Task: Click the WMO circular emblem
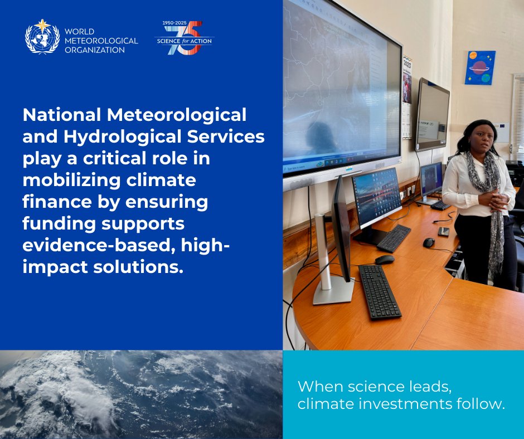click(42, 36)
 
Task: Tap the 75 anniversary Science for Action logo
click(184, 38)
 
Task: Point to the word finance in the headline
click(54, 202)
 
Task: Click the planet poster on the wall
click(480, 68)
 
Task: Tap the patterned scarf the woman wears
click(491, 195)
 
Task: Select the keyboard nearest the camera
click(379, 291)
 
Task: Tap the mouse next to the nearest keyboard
click(384, 259)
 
